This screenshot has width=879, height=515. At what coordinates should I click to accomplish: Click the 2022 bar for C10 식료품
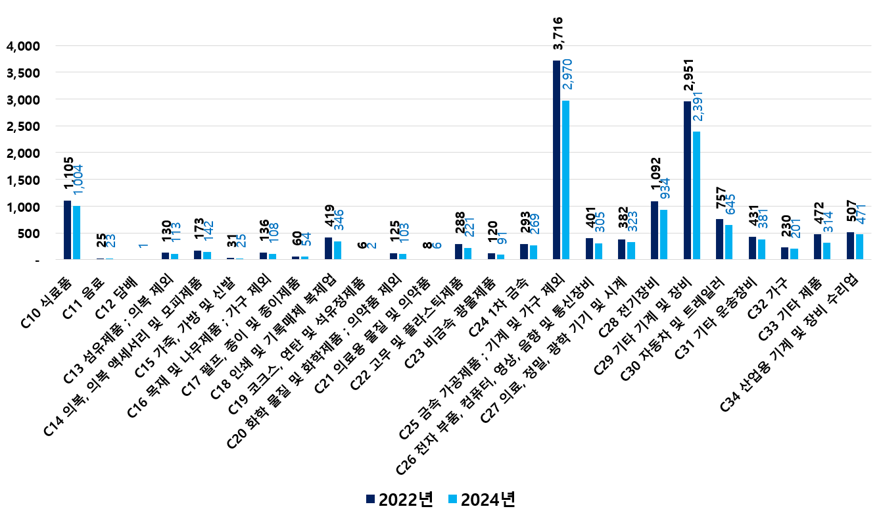[67, 230]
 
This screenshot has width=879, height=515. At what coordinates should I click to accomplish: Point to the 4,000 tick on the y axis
[22, 46]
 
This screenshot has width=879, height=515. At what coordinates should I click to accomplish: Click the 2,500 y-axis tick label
[22, 126]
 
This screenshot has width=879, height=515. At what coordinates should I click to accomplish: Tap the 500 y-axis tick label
[30, 233]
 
